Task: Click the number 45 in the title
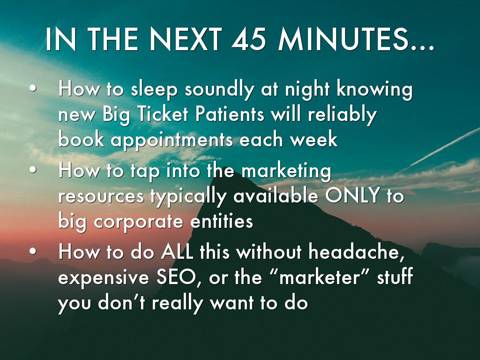[x=248, y=39]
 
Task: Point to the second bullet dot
[x=33, y=170]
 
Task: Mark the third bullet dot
[x=33, y=251]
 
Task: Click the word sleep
[x=154, y=90]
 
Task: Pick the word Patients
[x=230, y=114]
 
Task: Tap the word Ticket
[x=163, y=114]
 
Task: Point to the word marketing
[x=286, y=171]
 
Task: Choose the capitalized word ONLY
[x=352, y=196]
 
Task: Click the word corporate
[x=138, y=222]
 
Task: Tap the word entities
[x=222, y=221]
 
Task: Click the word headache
[x=355, y=253]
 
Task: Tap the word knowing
[x=375, y=90]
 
